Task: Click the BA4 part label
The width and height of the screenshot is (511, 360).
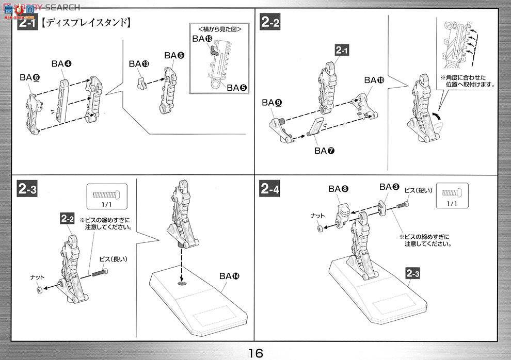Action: [61, 63]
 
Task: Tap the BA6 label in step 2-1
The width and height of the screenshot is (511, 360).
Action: [30, 77]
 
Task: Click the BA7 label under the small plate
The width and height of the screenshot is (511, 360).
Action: [324, 151]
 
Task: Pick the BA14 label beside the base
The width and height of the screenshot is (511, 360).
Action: [229, 276]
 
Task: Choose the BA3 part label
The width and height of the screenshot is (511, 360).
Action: [389, 187]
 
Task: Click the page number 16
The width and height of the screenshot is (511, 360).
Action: [255, 353]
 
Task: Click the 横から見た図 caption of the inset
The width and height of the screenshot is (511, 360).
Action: [216, 28]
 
